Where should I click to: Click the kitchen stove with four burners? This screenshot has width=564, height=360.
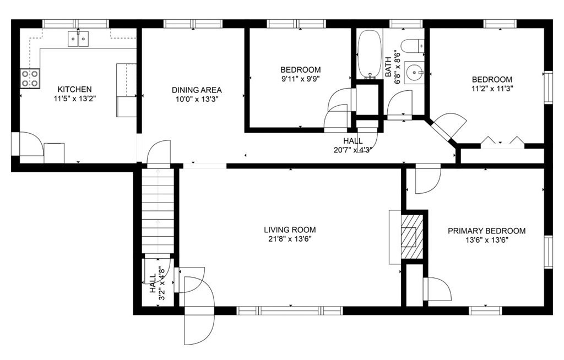pyautogui.click(x=30, y=78)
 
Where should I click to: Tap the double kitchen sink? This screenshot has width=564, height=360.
pyautogui.click(x=78, y=39)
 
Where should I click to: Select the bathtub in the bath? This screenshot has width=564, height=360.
pyautogui.click(x=370, y=54)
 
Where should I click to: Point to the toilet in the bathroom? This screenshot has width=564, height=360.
pyautogui.click(x=412, y=46)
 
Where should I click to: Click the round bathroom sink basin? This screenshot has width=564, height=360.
pyautogui.click(x=414, y=73)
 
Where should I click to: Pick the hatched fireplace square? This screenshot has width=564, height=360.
pyautogui.click(x=412, y=236)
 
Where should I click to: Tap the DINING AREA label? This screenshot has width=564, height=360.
pyautogui.click(x=197, y=90)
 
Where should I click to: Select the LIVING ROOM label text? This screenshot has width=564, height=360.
pyautogui.click(x=290, y=230)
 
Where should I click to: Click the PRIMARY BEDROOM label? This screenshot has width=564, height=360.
pyautogui.click(x=486, y=231)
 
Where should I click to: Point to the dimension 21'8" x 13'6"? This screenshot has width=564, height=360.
pyautogui.click(x=290, y=239)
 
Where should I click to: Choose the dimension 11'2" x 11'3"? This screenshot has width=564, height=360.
pyautogui.click(x=492, y=89)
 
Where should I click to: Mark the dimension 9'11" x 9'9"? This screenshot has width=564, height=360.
pyautogui.click(x=301, y=79)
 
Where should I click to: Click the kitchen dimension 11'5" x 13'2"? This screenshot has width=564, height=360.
pyautogui.click(x=75, y=99)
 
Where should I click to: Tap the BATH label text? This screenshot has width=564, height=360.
pyautogui.click(x=388, y=67)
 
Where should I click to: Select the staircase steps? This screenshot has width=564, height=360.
pyautogui.click(x=158, y=211)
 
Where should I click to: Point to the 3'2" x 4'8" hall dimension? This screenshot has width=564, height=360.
pyautogui.click(x=162, y=283)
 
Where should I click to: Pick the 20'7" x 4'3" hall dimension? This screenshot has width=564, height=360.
pyautogui.click(x=352, y=150)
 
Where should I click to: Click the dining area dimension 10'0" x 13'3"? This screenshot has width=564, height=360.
pyautogui.click(x=197, y=99)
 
